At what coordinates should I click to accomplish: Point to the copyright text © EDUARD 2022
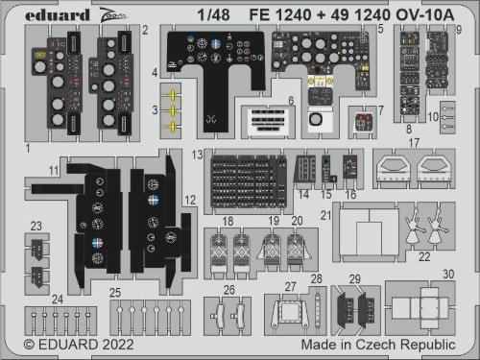[x=74, y=343]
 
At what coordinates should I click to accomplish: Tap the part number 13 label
[x=195, y=154]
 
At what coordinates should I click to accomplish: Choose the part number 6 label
[x=290, y=101]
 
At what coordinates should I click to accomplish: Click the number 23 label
[x=36, y=227]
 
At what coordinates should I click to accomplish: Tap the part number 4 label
[x=154, y=74]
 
